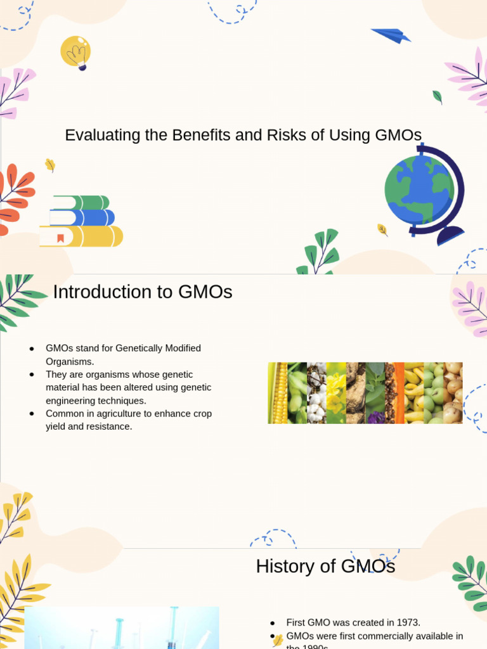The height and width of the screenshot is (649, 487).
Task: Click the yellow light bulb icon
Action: [x=75, y=52]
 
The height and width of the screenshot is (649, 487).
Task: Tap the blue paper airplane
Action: [x=391, y=35]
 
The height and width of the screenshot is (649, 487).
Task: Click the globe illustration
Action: [x=420, y=190]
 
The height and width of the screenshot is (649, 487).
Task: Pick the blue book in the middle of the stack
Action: [x=82, y=218]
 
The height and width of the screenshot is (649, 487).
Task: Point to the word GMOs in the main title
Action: [x=398, y=135]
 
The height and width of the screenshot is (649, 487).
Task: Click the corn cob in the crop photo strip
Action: [x=278, y=393]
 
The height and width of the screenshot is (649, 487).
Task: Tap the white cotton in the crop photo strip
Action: [x=316, y=393]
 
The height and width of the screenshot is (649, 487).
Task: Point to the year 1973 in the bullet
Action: [x=406, y=623]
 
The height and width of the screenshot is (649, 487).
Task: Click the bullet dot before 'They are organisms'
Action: [x=32, y=375]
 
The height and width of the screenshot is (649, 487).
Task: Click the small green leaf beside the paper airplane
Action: [x=437, y=97]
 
